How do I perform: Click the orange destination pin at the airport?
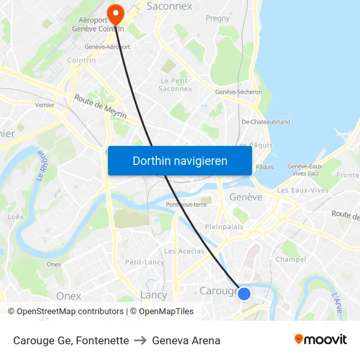point(116,13)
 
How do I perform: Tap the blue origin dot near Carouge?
point(244,294)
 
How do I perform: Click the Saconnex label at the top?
point(170,6)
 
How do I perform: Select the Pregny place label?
point(218,19)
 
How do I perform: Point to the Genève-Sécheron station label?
point(239,92)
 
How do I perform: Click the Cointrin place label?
point(82,60)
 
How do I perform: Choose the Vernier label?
point(45,105)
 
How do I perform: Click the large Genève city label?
point(245,197)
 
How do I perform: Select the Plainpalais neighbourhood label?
point(225,226)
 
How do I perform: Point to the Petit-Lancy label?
point(145,262)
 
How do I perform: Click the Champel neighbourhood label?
point(291,259)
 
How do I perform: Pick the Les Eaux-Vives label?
point(303,190)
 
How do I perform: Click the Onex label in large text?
point(69,296)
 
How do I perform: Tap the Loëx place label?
point(15,217)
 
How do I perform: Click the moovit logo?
point(321,339)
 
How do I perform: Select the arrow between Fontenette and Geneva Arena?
point(140,340)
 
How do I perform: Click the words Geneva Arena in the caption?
point(186,340)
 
